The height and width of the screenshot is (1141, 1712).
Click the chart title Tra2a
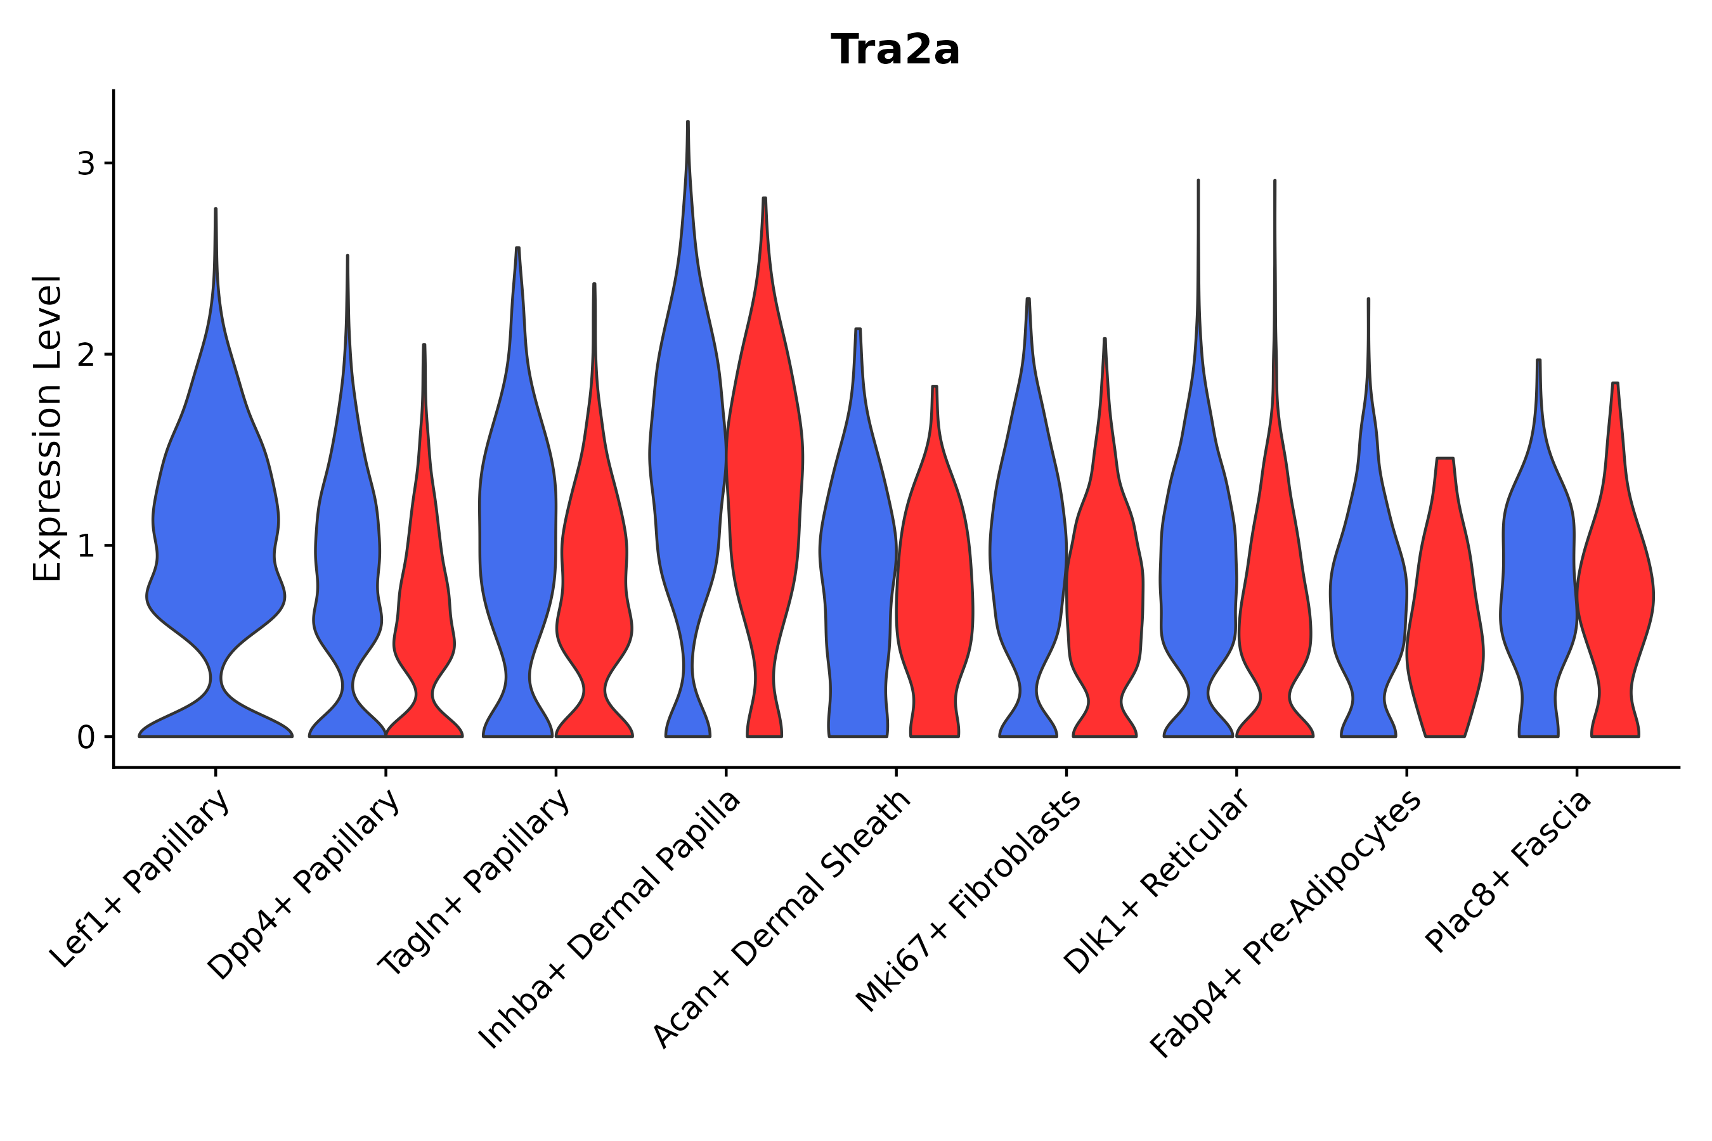click(x=895, y=50)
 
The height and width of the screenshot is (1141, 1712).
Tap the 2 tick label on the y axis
click(x=86, y=355)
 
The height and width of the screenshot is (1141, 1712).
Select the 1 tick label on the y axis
click(x=86, y=546)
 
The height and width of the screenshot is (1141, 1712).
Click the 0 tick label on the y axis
click(x=86, y=738)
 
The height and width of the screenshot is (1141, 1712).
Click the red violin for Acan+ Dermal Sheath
click(x=935, y=582)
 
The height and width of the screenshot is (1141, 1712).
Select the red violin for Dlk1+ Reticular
click(x=1274, y=582)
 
